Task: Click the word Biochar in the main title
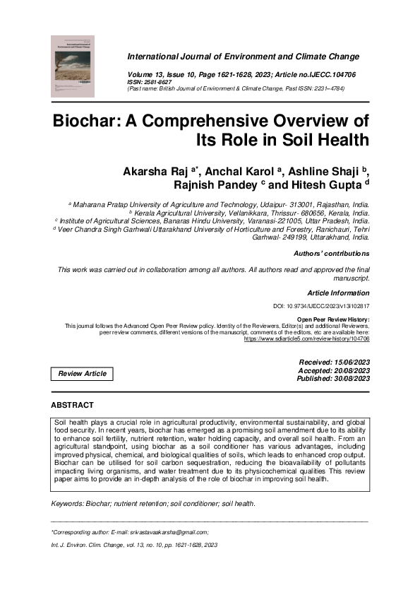87,118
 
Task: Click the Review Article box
82,373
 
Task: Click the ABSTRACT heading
72,405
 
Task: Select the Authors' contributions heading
330,253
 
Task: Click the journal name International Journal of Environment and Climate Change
243,57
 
